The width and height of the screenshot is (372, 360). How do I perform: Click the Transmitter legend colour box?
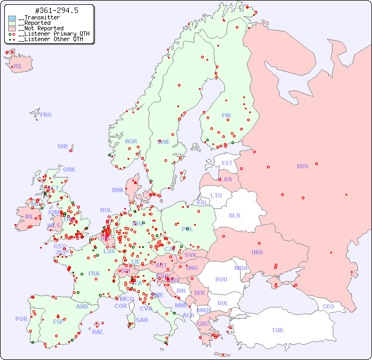point(12,18)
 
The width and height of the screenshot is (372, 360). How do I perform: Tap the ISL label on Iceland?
point(18,67)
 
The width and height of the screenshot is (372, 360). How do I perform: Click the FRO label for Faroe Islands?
point(46,115)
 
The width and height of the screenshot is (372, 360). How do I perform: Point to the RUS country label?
point(302,166)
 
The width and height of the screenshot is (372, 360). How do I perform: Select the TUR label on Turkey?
point(277,330)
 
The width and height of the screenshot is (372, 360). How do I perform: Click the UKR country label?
point(257,252)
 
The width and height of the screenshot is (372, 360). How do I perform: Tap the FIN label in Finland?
point(226,115)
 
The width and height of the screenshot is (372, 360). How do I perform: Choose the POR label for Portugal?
point(21,319)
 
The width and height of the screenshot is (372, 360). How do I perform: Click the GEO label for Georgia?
point(328,306)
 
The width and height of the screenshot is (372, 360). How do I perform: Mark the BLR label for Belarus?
point(234,215)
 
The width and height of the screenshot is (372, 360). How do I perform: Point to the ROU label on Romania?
point(221,279)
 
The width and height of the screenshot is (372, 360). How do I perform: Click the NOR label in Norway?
point(131,141)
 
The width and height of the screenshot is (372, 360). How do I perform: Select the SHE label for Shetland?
point(63,146)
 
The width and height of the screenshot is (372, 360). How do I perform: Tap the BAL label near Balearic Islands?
point(97,332)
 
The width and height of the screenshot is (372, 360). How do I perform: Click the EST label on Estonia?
point(227,163)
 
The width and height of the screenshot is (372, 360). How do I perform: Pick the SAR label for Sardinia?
point(142,320)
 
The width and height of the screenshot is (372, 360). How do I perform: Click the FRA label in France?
point(94,273)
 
